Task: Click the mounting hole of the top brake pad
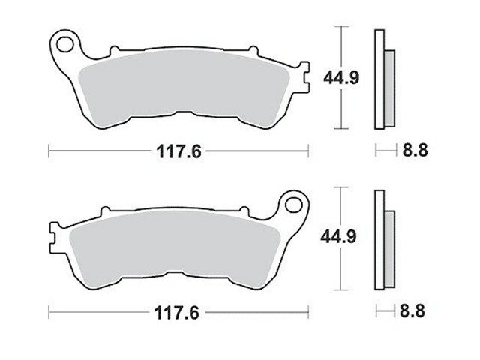pyautogui.click(x=65, y=44)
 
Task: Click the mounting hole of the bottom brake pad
pyautogui.click(x=293, y=205)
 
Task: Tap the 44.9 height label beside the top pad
pyautogui.click(x=341, y=78)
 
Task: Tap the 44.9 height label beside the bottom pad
pyautogui.click(x=338, y=237)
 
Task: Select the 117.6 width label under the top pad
pyautogui.click(x=178, y=151)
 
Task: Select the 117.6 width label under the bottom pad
pyautogui.click(x=177, y=313)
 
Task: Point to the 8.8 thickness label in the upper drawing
pyautogui.click(x=415, y=150)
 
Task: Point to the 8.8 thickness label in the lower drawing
pyautogui.click(x=412, y=311)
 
